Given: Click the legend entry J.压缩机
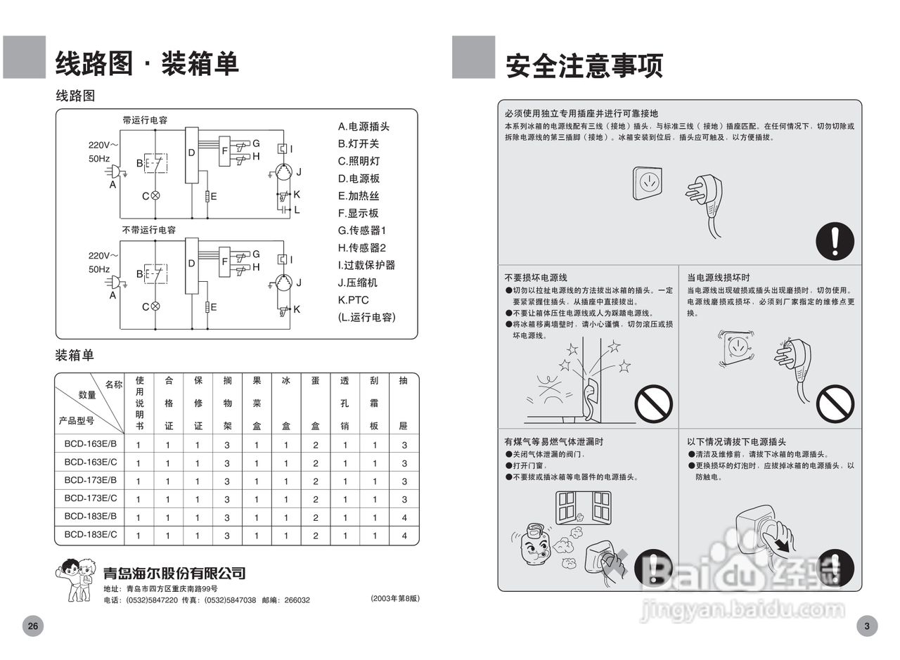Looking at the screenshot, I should pyautogui.click(x=357, y=283).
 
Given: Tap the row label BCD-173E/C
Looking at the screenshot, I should pyautogui.click(x=90, y=498).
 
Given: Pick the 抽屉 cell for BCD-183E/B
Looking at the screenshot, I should pyautogui.click(x=404, y=517).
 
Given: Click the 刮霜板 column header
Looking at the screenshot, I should pyautogui.click(x=375, y=403).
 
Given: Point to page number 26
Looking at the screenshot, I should pyautogui.click(x=32, y=626).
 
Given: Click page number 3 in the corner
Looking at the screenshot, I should pyautogui.click(x=866, y=626).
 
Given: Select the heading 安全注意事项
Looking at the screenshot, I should pyautogui.click(x=584, y=66).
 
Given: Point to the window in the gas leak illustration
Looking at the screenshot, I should pyautogui.click(x=583, y=507).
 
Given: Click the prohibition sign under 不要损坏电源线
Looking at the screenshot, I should pyautogui.click(x=653, y=403).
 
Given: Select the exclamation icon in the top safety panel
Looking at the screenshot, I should pyautogui.click(x=835, y=240).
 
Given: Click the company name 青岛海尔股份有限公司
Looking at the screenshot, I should pyautogui.click(x=174, y=573).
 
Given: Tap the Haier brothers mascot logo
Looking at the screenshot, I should pyautogui.click(x=76, y=579).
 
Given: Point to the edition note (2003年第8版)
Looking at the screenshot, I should pyautogui.click(x=394, y=598).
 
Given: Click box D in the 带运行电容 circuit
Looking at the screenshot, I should pyautogui.click(x=191, y=155).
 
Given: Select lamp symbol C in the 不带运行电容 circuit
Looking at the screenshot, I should pyautogui.click(x=155, y=306).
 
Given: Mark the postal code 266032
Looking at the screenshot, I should pyautogui.click(x=295, y=600).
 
